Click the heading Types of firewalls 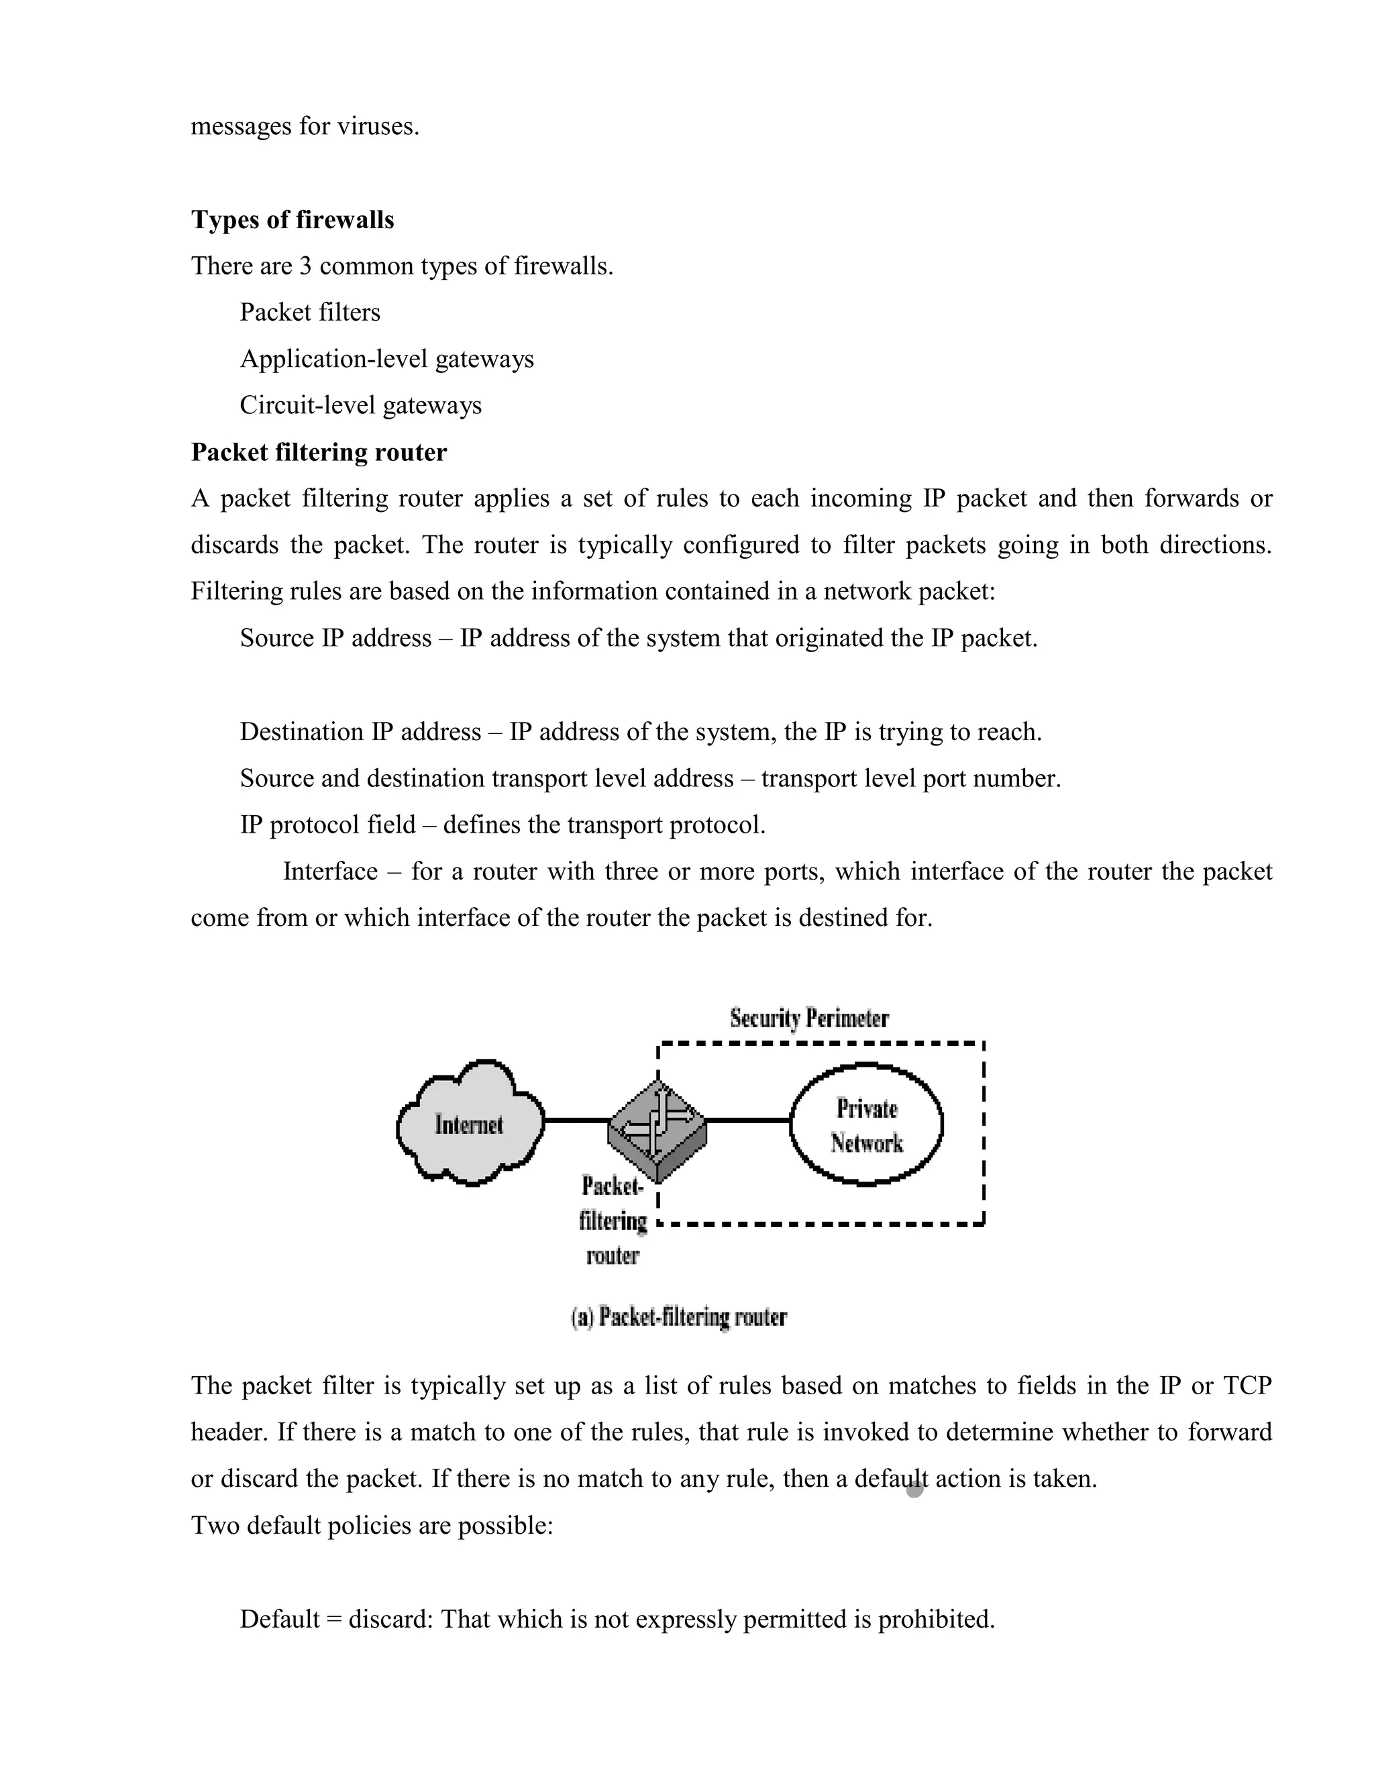pyautogui.click(x=293, y=220)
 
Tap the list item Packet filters pyautogui.click(x=309, y=313)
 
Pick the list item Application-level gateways pyautogui.click(x=386, y=359)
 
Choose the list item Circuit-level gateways pyautogui.click(x=360, y=405)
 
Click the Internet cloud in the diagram pyautogui.click(x=470, y=1125)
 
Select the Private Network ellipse pyautogui.click(x=866, y=1125)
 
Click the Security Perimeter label pyautogui.click(x=809, y=1018)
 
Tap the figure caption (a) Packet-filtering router pyautogui.click(x=679, y=1317)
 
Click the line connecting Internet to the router pyautogui.click(x=576, y=1121)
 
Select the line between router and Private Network pyautogui.click(x=747, y=1121)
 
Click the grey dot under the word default pyautogui.click(x=914, y=1489)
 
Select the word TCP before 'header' pyautogui.click(x=1247, y=1385)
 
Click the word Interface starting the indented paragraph pyautogui.click(x=329, y=872)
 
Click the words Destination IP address pyautogui.click(x=360, y=732)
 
